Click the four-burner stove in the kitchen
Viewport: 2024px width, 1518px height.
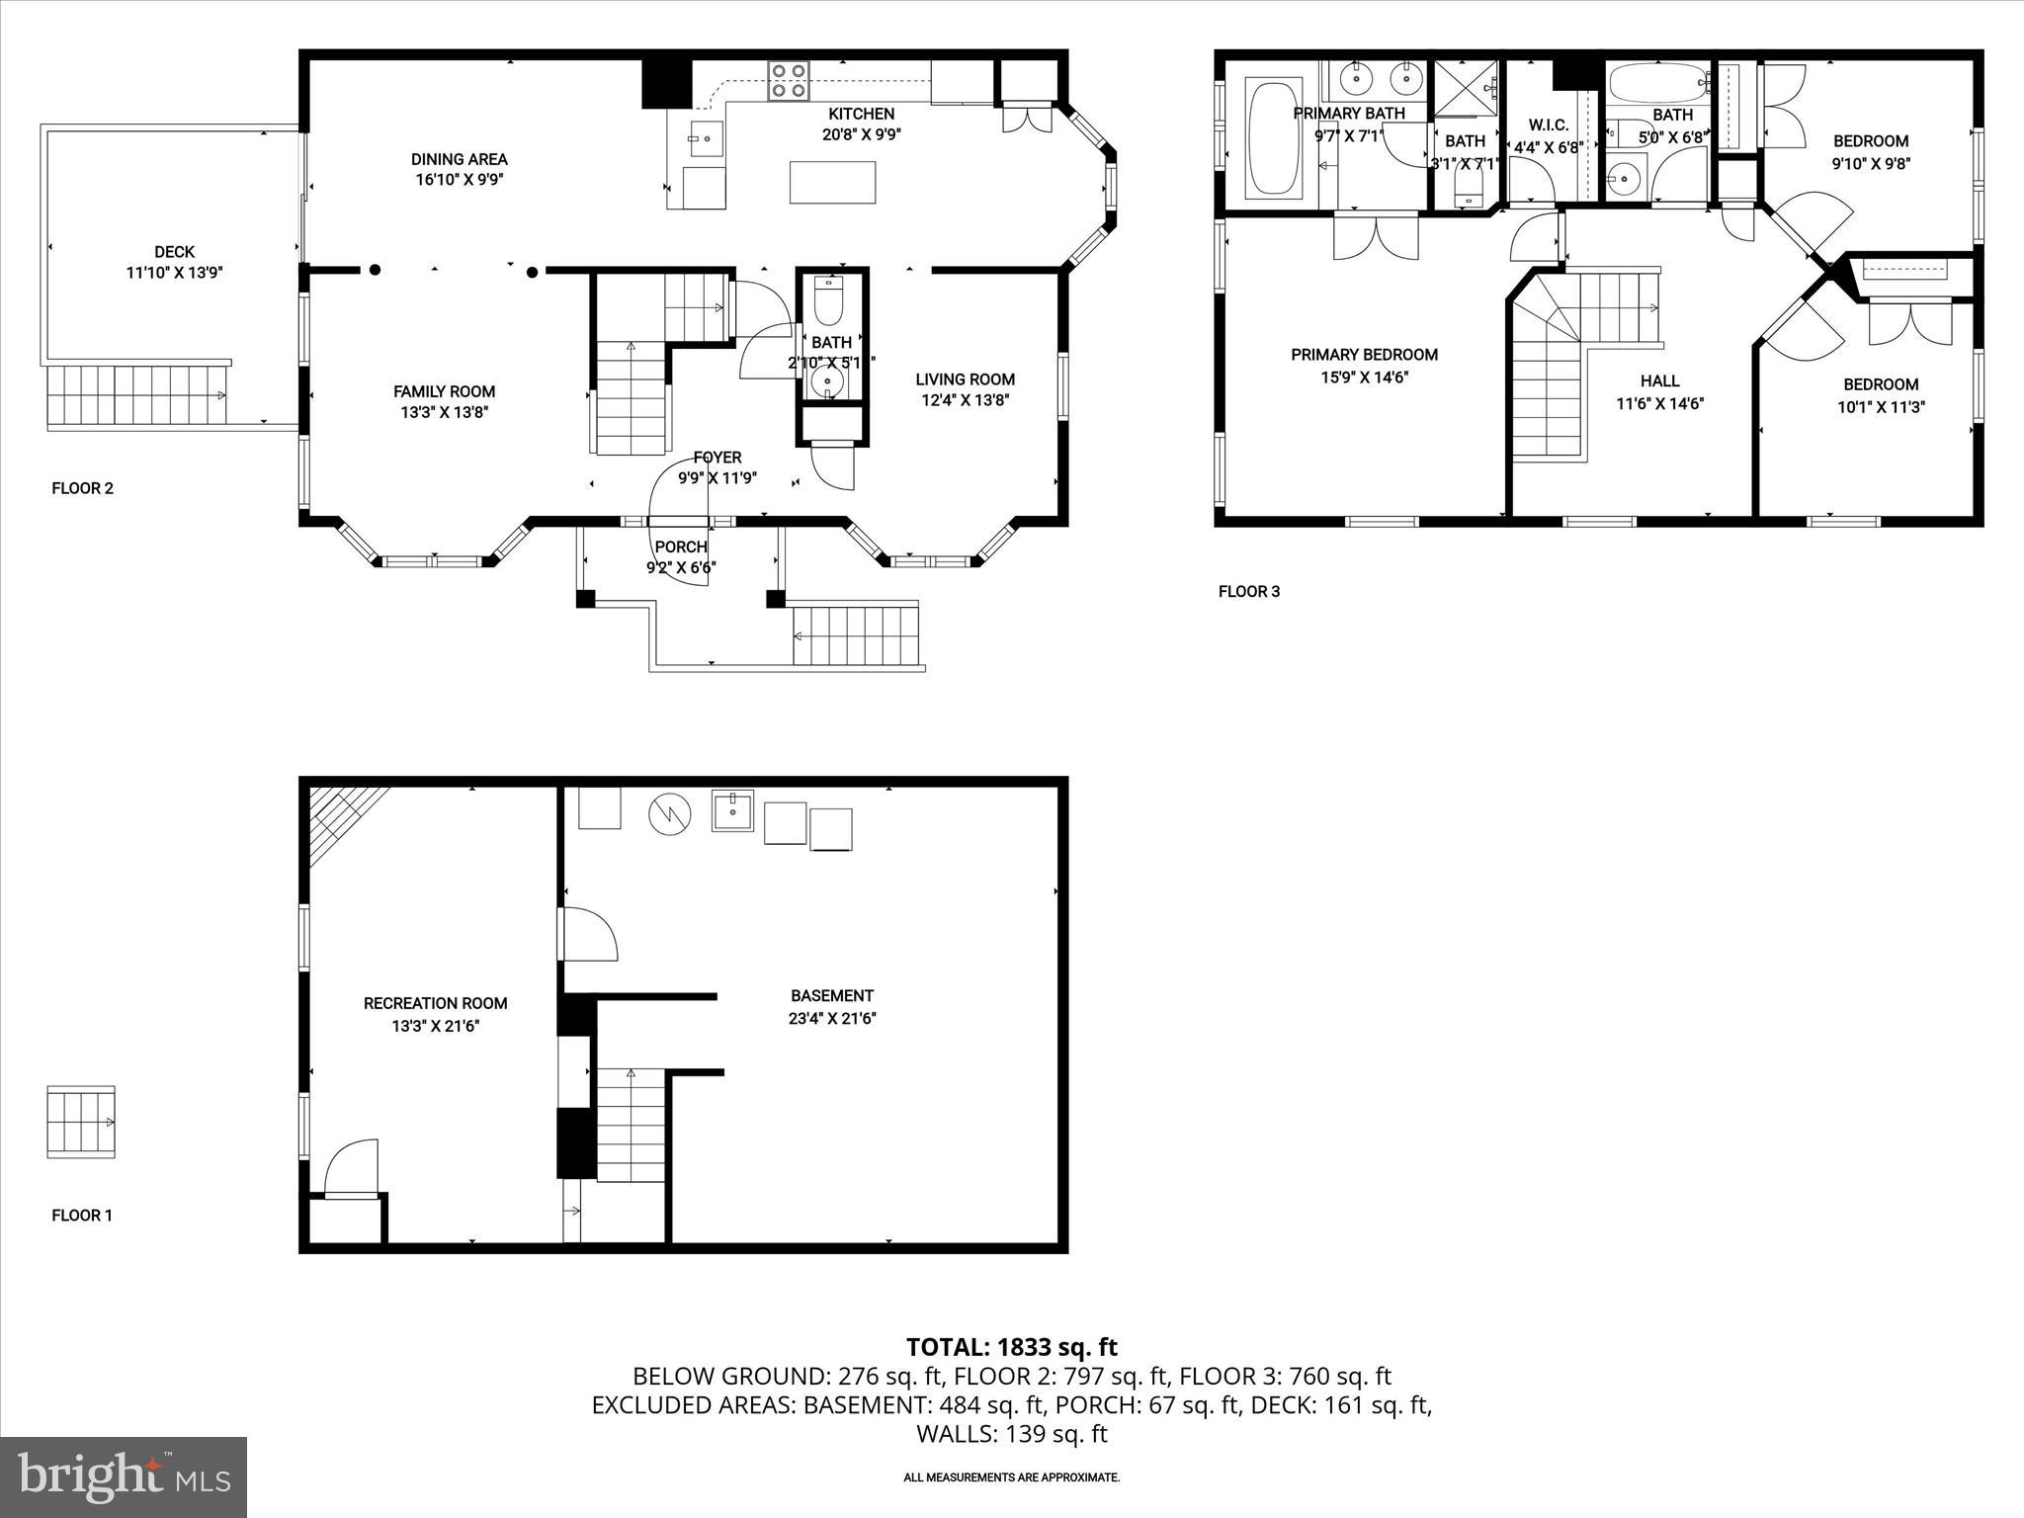click(x=789, y=80)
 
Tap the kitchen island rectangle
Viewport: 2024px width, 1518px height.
click(x=832, y=182)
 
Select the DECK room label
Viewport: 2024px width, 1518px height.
click(x=174, y=252)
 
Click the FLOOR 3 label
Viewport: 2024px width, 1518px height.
click(x=1248, y=592)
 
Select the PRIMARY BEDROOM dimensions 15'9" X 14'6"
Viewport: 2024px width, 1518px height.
click(x=1364, y=377)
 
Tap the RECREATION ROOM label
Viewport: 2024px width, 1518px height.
click(x=435, y=1003)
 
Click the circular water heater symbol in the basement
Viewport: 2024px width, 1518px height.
click(x=668, y=814)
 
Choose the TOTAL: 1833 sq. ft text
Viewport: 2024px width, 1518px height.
click(x=1011, y=1347)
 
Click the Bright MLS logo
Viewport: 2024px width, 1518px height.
click(x=124, y=1476)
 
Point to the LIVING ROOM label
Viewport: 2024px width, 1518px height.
click(x=965, y=379)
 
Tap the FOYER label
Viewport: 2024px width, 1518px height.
click(x=717, y=458)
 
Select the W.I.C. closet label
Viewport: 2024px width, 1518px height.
click(x=1548, y=126)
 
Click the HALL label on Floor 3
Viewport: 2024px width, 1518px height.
click(x=1659, y=380)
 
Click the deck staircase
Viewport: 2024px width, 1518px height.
click(x=136, y=394)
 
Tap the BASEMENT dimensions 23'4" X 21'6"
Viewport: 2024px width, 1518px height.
click(x=832, y=1019)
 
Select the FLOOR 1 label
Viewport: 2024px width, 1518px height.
click(x=82, y=1216)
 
